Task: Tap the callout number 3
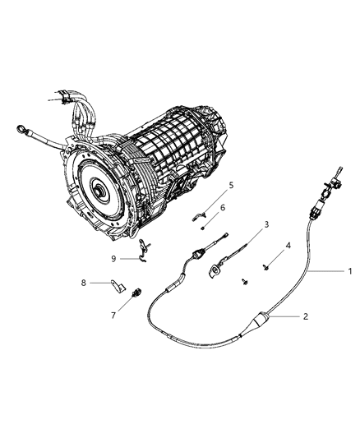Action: pos(265,224)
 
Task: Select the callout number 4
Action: pos(288,246)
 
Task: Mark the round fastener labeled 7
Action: pos(136,292)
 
